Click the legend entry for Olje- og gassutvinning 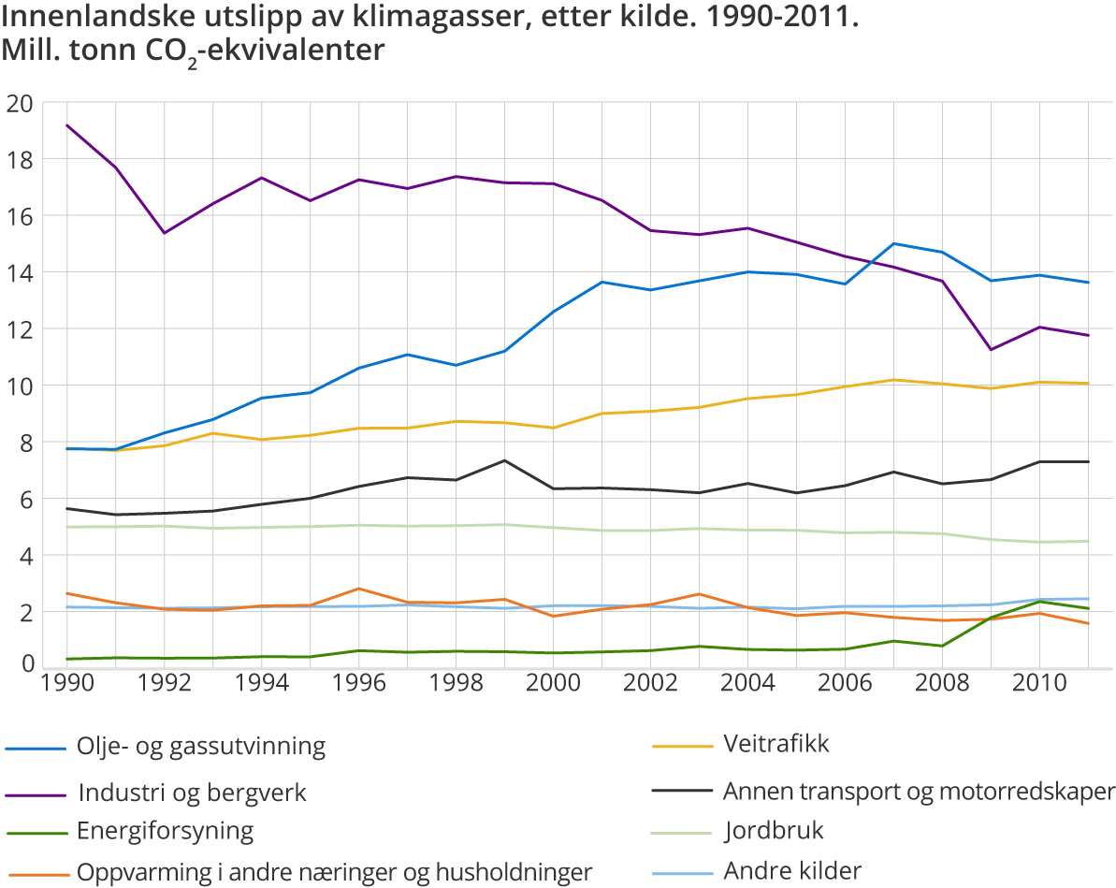click(x=201, y=747)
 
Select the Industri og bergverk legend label click(x=192, y=793)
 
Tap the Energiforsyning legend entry click(x=165, y=831)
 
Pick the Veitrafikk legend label click(x=776, y=745)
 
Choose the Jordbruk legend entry click(x=774, y=831)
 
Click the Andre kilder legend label click(x=792, y=870)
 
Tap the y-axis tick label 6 click(x=25, y=500)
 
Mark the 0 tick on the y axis click(x=25, y=663)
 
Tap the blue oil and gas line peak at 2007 click(x=893, y=243)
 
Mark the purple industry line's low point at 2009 click(x=991, y=350)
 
